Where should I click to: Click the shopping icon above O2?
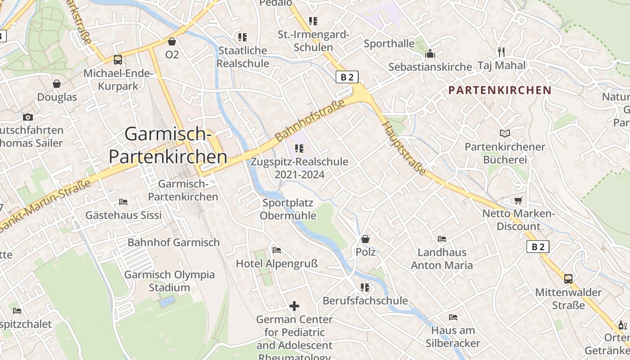point(171,42)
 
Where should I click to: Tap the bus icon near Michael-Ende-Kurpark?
point(117,59)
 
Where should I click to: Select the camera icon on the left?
point(28,117)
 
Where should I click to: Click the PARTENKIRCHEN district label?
point(499,90)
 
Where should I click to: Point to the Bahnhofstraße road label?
point(310,120)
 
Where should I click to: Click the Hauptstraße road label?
point(404,149)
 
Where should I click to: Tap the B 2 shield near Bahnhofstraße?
point(347,77)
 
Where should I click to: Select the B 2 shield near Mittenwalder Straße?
point(538,247)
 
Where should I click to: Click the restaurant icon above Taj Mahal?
point(501,52)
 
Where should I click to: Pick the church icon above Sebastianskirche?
point(430,54)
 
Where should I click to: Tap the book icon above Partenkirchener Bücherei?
point(505,134)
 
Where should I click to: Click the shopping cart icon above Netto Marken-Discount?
point(518,200)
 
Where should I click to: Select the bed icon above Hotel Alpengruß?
point(277,250)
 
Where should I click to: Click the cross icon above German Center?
point(294,306)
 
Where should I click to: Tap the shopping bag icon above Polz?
point(365,239)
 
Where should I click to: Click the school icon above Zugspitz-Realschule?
point(299,148)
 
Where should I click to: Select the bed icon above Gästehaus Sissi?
point(123,202)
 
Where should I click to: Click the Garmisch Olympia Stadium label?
point(169,281)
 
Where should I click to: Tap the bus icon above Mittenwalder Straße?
point(568,279)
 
